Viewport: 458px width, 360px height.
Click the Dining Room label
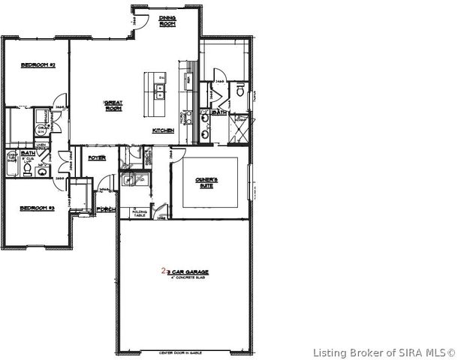coord(167,22)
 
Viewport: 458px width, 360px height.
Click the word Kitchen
coord(164,130)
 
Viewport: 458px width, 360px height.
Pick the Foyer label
coord(97,157)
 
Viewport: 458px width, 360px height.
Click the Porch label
coord(105,209)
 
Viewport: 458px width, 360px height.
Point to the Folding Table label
coord(138,212)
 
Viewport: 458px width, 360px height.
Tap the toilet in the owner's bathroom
coord(238,92)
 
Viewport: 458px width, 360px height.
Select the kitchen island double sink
coord(160,91)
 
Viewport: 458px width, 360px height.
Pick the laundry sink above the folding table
coord(129,179)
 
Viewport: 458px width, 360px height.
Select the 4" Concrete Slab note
coord(188,277)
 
